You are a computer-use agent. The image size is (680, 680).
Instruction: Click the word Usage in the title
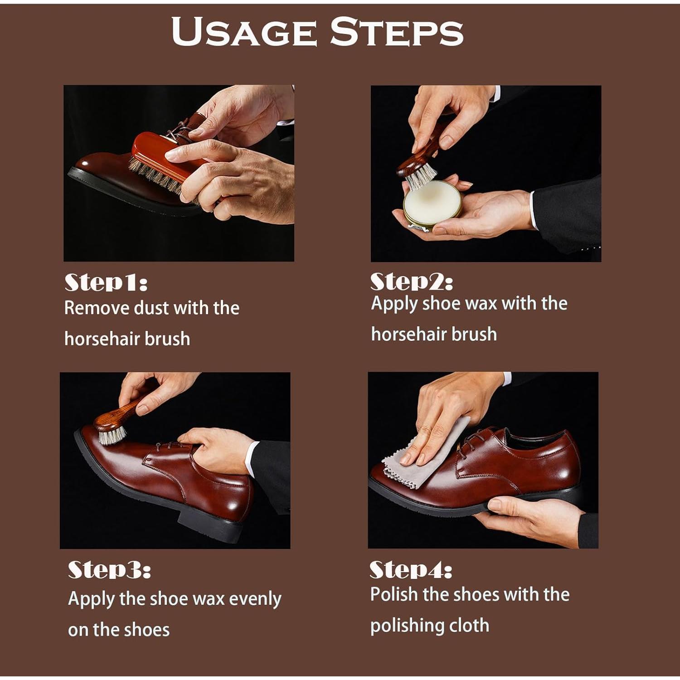pyautogui.click(x=244, y=31)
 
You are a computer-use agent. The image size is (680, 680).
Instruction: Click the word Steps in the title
pyautogui.click(x=397, y=31)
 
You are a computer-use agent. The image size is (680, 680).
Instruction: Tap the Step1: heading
pyautogui.click(x=106, y=282)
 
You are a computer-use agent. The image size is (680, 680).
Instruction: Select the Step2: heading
pyautogui.click(x=412, y=282)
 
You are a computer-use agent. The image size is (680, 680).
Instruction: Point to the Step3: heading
pyautogui.click(x=109, y=570)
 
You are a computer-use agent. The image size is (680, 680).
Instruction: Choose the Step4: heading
pyautogui.click(x=411, y=570)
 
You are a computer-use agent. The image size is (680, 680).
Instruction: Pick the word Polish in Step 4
pyautogui.click(x=394, y=594)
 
